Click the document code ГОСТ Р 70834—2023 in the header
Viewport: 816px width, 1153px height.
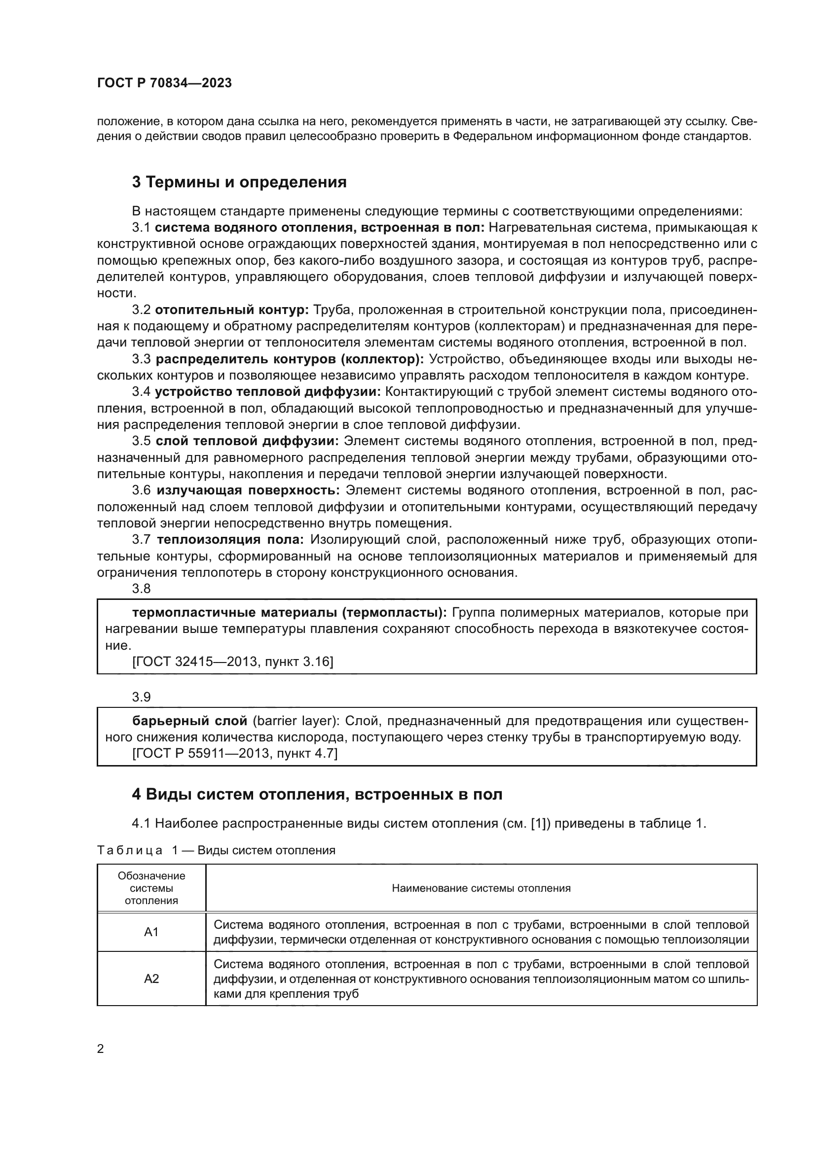(x=164, y=83)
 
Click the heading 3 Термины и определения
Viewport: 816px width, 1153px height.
(x=239, y=182)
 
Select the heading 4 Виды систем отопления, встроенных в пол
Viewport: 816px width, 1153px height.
(x=317, y=794)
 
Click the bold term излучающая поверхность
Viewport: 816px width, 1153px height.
(x=248, y=490)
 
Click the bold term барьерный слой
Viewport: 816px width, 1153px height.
(x=189, y=721)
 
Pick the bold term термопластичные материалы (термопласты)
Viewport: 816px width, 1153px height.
(x=290, y=612)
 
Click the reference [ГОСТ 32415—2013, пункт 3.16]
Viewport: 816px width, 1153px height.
(x=233, y=662)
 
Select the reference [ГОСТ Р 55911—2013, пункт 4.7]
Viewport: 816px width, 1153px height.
(x=235, y=753)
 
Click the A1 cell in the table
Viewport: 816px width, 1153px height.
(x=151, y=932)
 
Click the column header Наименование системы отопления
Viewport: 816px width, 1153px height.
(x=481, y=888)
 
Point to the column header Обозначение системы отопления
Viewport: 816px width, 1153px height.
(x=151, y=888)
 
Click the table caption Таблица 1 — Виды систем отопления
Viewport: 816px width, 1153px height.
(x=216, y=850)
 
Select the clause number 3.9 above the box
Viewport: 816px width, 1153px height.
(x=141, y=697)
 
